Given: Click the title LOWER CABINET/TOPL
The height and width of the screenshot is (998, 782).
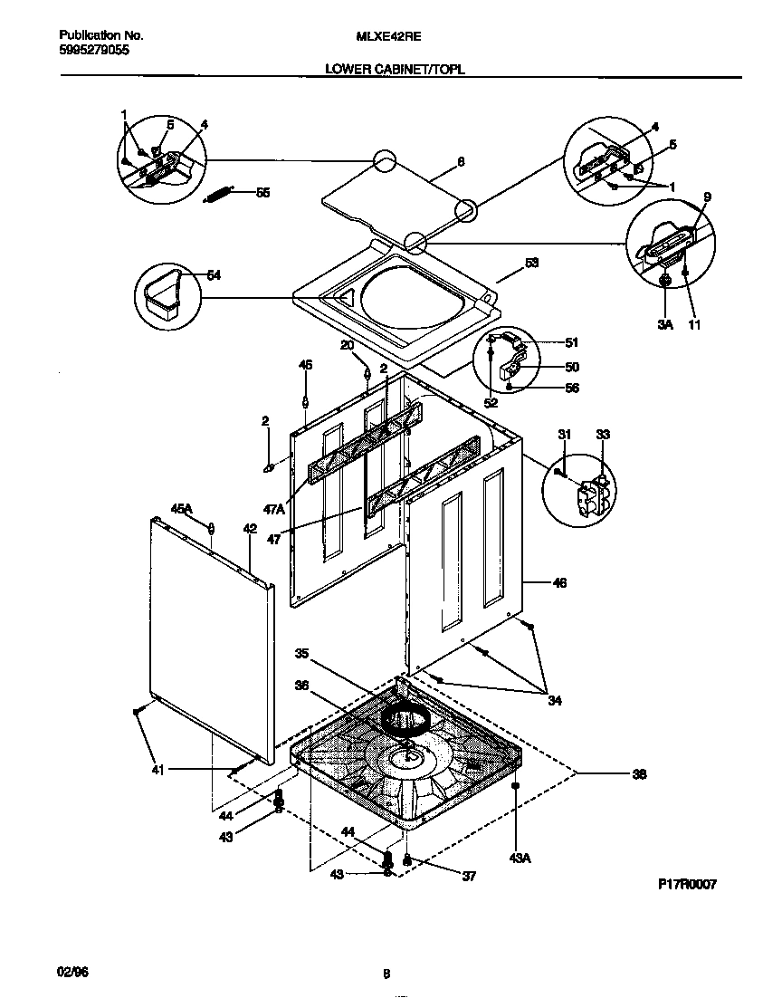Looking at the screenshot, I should [x=395, y=69].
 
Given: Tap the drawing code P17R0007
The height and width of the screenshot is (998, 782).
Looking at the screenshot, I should [x=686, y=885].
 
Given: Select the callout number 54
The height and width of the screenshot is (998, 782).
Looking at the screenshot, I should [x=214, y=275].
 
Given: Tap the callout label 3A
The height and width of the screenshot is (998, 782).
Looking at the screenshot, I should [x=665, y=323].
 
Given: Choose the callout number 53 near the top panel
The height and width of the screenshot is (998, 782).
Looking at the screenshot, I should [x=532, y=264].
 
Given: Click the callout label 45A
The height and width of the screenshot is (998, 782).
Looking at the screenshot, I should [x=182, y=510].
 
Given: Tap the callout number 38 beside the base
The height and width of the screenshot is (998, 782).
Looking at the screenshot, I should [x=639, y=774].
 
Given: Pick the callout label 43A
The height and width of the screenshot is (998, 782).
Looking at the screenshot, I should [x=519, y=857].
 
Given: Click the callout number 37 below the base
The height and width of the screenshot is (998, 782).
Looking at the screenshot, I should [x=468, y=876].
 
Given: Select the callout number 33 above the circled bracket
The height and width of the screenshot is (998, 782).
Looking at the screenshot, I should [x=603, y=435].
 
